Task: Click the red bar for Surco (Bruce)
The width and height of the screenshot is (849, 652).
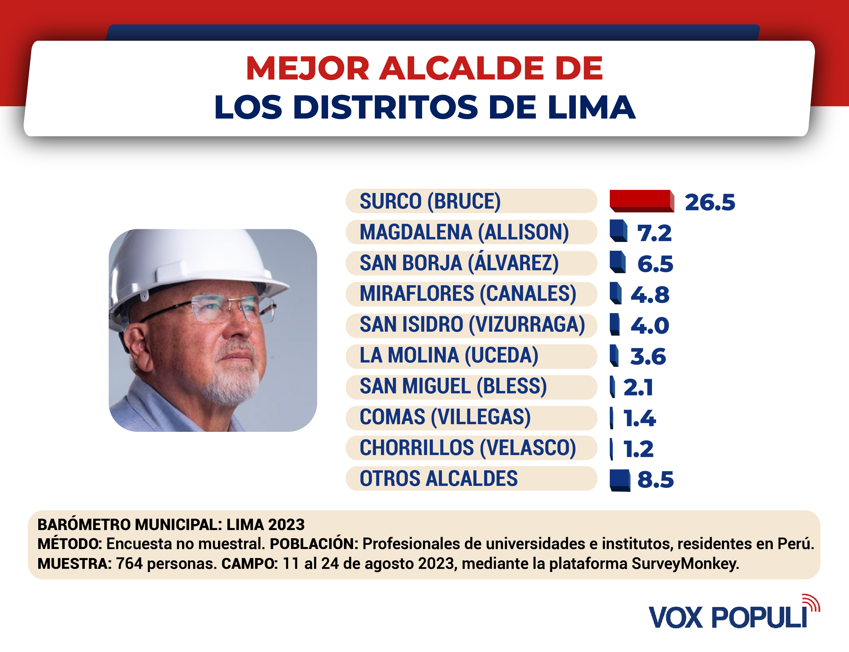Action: [x=641, y=201]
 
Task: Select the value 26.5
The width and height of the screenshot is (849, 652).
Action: [x=710, y=202]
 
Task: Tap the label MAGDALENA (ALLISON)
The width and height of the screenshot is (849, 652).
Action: [x=464, y=232]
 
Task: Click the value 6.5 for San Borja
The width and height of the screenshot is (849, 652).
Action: [x=655, y=264]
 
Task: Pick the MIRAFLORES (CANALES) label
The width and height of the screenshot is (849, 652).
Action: [x=468, y=294]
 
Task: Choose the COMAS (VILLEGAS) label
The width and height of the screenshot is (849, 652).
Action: [x=445, y=417]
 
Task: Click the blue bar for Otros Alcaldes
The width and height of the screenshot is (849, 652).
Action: [x=620, y=480]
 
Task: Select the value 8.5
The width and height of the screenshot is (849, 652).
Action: [x=656, y=480]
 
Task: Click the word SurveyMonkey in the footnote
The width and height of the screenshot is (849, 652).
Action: [x=685, y=563]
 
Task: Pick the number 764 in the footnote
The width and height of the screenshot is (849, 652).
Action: [x=129, y=563]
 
